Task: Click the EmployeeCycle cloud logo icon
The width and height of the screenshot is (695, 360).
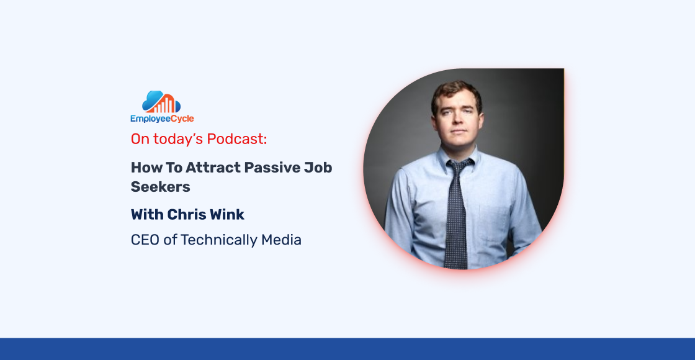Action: click(x=161, y=102)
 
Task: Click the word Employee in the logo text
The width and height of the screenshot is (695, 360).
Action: click(x=148, y=119)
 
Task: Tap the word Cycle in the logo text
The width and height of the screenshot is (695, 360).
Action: click(x=179, y=119)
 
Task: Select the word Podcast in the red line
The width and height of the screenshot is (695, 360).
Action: click(x=237, y=139)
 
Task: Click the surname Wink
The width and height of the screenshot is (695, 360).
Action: click(x=228, y=215)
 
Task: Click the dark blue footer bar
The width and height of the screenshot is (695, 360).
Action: click(x=347, y=349)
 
